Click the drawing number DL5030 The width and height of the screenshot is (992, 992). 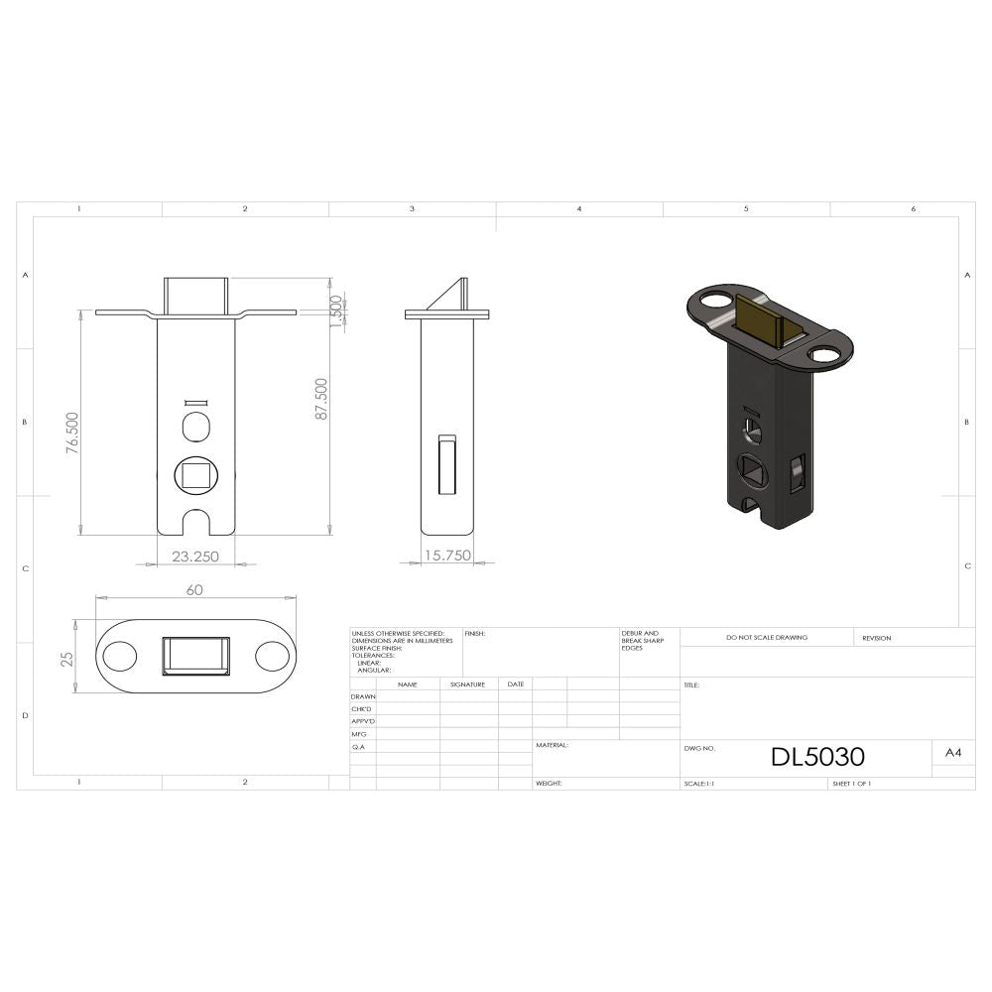pyautogui.click(x=817, y=757)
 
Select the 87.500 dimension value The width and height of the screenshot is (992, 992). pyautogui.click(x=321, y=398)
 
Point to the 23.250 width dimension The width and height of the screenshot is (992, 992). pyautogui.click(x=195, y=557)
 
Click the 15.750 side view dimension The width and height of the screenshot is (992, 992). pyautogui.click(x=446, y=556)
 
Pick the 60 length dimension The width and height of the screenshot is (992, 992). pyautogui.click(x=194, y=589)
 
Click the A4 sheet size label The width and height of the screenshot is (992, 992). pyautogui.click(x=952, y=754)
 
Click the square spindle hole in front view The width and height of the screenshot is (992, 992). pyautogui.click(x=194, y=474)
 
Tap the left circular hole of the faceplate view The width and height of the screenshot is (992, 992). pyautogui.click(x=121, y=657)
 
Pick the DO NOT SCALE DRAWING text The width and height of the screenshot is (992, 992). pyautogui.click(x=766, y=637)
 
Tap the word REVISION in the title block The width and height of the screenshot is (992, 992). pyautogui.click(x=876, y=638)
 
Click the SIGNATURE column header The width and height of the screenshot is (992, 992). pyautogui.click(x=467, y=684)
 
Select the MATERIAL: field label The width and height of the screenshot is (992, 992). pyautogui.click(x=553, y=744)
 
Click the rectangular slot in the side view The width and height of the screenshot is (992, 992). pyautogui.click(x=446, y=463)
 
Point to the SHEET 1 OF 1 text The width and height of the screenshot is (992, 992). pyautogui.click(x=852, y=784)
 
